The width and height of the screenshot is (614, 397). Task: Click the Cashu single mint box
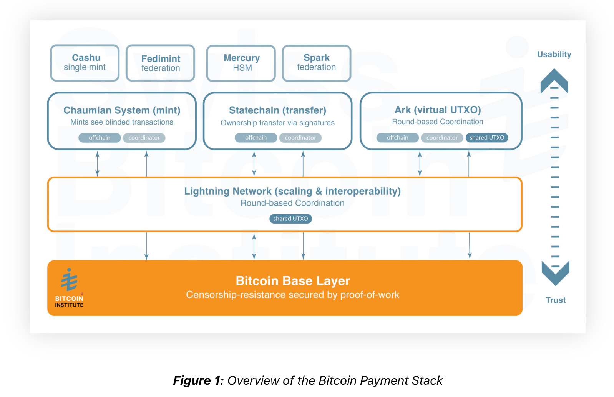(85, 63)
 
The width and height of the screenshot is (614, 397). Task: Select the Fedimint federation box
(161, 63)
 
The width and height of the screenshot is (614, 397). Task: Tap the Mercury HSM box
(241, 63)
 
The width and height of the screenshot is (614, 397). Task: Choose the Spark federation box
(317, 63)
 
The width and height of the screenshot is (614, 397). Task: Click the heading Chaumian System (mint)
(122, 110)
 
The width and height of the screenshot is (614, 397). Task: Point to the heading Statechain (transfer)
(277, 110)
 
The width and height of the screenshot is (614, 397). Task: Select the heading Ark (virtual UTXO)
(438, 110)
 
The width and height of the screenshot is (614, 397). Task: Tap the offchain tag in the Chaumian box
(100, 138)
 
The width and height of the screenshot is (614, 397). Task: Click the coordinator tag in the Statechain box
(300, 138)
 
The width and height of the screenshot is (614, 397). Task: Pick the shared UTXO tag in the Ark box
(487, 138)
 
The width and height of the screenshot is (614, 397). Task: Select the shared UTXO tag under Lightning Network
(290, 219)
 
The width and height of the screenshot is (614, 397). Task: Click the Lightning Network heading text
(292, 191)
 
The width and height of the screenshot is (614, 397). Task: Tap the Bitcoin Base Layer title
(293, 281)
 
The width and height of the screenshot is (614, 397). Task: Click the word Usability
(554, 55)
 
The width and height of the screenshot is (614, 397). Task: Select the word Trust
(556, 300)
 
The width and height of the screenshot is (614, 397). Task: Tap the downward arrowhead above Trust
(555, 274)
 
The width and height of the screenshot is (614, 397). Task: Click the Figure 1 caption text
(308, 380)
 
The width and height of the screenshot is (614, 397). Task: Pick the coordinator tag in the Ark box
(442, 138)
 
